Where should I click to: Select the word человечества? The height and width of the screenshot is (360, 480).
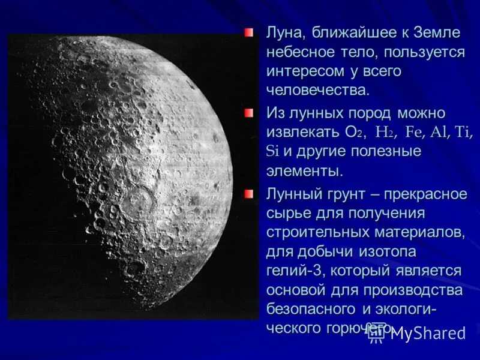(x=317, y=91)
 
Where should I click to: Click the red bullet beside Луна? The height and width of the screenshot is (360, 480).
(x=249, y=32)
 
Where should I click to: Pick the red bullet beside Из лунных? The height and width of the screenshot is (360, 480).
(x=249, y=112)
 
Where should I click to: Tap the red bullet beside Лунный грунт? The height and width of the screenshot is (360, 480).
(x=249, y=193)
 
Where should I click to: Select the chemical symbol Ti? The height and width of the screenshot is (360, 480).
(x=464, y=132)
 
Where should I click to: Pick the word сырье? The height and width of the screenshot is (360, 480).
(x=286, y=213)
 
